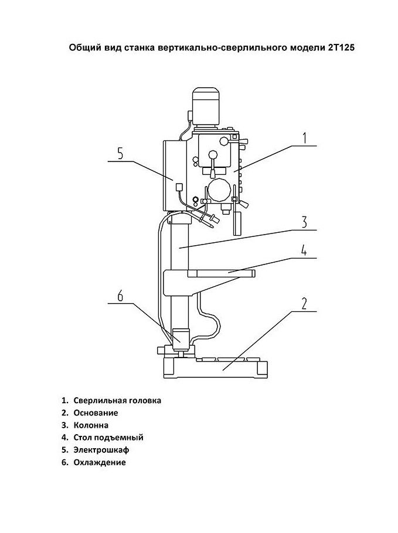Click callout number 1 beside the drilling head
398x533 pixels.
coord(305,138)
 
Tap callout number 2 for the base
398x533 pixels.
coord(304,304)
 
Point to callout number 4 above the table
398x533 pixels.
coord(304,250)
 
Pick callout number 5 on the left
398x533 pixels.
coord(120,153)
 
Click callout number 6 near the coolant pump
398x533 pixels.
coord(120,295)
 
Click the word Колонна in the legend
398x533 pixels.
coord(91,425)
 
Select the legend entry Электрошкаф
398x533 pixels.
coord(101,450)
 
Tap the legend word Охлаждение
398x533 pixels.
coord(100,462)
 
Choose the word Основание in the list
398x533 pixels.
coord(96,413)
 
